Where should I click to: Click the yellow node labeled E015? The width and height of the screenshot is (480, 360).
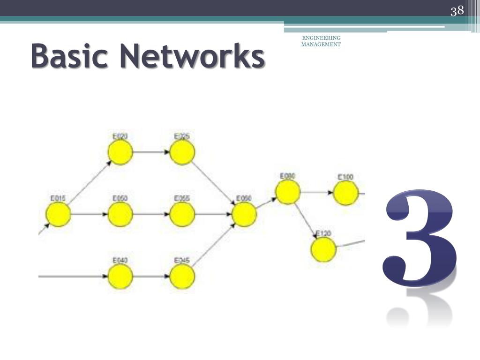click(58, 215)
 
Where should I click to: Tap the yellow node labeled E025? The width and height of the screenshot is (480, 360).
click(182, 153)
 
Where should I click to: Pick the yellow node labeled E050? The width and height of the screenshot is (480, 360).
click(120, 215)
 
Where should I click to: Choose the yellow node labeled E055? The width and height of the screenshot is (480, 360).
click(182, 215)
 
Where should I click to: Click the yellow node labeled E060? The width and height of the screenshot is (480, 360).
click(244, 215)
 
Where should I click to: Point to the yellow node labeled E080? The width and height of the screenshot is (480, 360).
click(287, 192)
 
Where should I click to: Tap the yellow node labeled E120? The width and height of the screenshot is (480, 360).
click(323, 249)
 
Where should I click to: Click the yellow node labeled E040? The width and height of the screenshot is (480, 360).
click(120, 277)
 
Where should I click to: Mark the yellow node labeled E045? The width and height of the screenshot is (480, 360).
click(182, 277)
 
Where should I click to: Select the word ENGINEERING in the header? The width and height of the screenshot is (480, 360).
click(321, 38)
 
